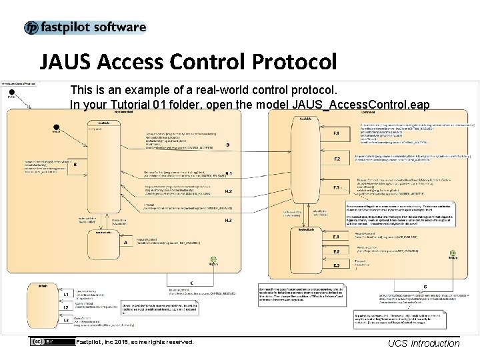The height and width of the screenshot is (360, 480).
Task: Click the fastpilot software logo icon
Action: coord(31,28)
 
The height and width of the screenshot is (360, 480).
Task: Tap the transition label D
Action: coord(228,145)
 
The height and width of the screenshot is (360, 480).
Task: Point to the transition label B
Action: coord(75,164)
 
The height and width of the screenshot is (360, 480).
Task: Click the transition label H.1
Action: coord(228,173)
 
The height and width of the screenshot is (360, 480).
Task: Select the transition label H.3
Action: coord(228,220)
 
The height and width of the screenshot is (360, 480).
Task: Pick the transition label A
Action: coord(125,243)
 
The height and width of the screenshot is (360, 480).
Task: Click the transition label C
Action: coord(191,282)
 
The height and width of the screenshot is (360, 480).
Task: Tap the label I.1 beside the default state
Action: coord(66,294)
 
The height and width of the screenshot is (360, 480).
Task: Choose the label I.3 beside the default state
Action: coord(66,321)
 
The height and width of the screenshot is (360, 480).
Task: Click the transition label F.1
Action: coord(337,134)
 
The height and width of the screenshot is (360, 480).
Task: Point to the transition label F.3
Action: coord(337,187)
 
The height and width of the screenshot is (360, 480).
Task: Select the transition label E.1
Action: coord(336,237)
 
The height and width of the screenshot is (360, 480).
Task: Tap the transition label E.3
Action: coord(336,265)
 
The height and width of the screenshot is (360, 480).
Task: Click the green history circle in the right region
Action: coord(453,253)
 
